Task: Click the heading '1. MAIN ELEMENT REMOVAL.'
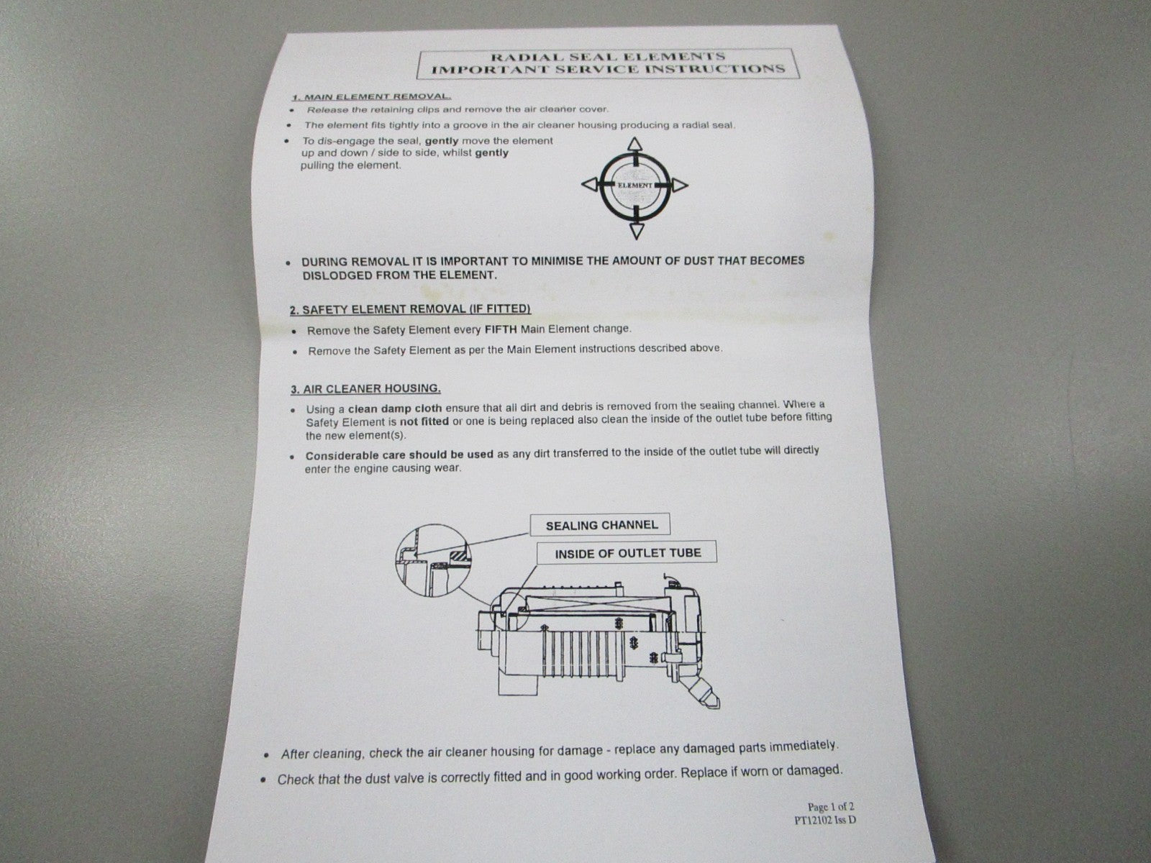point(372,96)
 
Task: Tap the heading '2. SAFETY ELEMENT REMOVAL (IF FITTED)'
point(410,309)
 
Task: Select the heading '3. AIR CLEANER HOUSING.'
point(365,388)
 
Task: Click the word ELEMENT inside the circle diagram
point(635,186)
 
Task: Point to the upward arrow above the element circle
point(634,144)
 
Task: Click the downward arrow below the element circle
point(636,231)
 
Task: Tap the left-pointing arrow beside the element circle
point(590,184)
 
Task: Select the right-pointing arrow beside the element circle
point(680,185)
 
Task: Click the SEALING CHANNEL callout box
point(601,524)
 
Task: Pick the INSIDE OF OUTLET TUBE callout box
point(627,553)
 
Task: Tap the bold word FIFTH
point(501,329)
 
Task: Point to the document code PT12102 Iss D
point(825,821)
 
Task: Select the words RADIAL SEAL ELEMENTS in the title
point(608,57)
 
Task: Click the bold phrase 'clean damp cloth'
point(395,408)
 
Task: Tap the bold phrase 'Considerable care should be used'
point(399,455)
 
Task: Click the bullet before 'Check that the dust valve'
point(263,780)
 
